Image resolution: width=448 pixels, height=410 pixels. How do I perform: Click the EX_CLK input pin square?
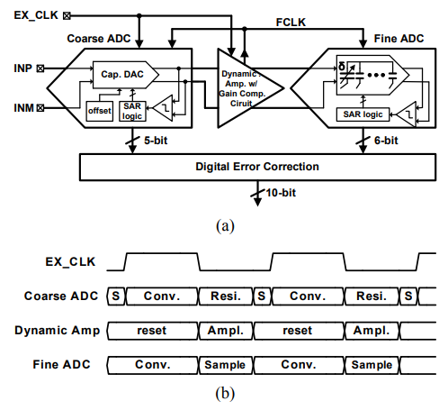67,15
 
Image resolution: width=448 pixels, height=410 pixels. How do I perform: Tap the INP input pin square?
40,68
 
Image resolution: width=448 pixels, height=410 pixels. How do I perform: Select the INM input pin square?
40,107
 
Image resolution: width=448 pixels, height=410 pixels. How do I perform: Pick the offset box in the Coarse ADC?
100,111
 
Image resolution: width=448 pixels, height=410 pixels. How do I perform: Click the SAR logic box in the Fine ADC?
363,114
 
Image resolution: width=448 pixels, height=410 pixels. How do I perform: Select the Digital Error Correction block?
257,167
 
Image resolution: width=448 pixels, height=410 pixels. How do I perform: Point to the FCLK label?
291,23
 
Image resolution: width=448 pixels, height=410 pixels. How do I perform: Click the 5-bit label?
156,141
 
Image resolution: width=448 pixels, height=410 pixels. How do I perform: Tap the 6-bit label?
386,141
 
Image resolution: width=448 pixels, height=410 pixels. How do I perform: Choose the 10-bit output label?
281,193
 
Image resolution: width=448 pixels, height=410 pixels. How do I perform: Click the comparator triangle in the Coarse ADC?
163,108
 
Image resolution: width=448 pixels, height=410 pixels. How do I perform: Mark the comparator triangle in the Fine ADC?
407,114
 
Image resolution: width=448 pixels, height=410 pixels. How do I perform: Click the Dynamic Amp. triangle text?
242,88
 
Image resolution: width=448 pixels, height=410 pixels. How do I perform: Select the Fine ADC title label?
399,39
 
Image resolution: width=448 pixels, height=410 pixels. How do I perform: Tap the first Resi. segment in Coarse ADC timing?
226,296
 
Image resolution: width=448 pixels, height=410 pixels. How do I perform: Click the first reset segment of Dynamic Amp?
152,331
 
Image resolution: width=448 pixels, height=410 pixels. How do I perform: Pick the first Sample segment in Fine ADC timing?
226,365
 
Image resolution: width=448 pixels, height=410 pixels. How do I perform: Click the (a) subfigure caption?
225,226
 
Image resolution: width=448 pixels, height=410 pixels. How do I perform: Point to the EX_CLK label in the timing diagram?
70,262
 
